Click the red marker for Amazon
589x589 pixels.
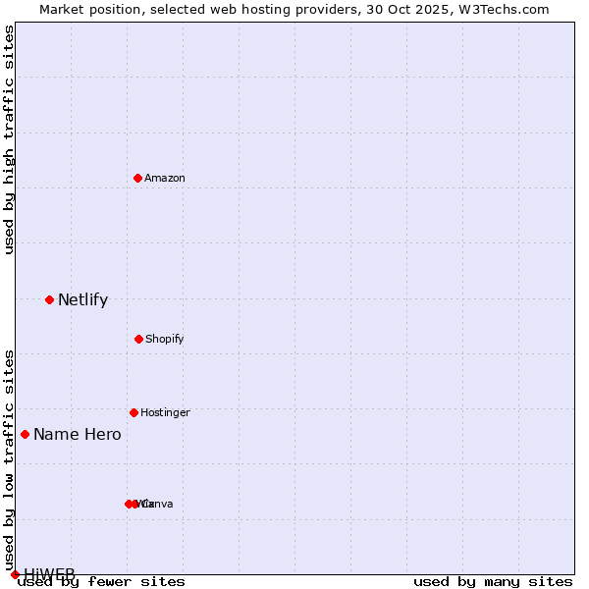pyautogui.click(x=137, y=178)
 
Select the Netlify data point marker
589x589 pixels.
pyautogui.click(x=49, y=299)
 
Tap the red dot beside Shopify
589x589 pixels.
pyautogui.click(x=138, y=339)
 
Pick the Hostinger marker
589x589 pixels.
pyautogui.click(x=134, y=412)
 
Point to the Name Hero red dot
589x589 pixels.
pyautogui.click(x=25, y=434)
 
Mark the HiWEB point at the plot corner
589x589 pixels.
pyautogui.click(x=15, y=574)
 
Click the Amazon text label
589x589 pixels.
pyautogui.click(x=165, y=178)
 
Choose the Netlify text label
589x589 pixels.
pyautogui.click(x=82, y=299)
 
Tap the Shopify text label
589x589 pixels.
pyautogui.click(x=165, y=339)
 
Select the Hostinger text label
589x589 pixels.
pyautogui.click(x=165, y=412)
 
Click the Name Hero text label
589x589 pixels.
pyautogui.click(x=78, y=434)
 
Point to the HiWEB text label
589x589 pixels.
pyautogui.click(x=49, y=574)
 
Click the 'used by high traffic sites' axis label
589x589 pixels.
pyautogui.click(x=9, y=139)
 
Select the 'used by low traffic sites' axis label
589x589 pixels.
pyautogui.click(x=9, y=459)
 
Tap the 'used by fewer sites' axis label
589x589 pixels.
pyautogui.click(x=101, y=581)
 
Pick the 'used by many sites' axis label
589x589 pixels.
pyautogui.click(x=493, y=581)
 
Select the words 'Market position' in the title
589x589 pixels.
pyautogui.click(x=84, y=9)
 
